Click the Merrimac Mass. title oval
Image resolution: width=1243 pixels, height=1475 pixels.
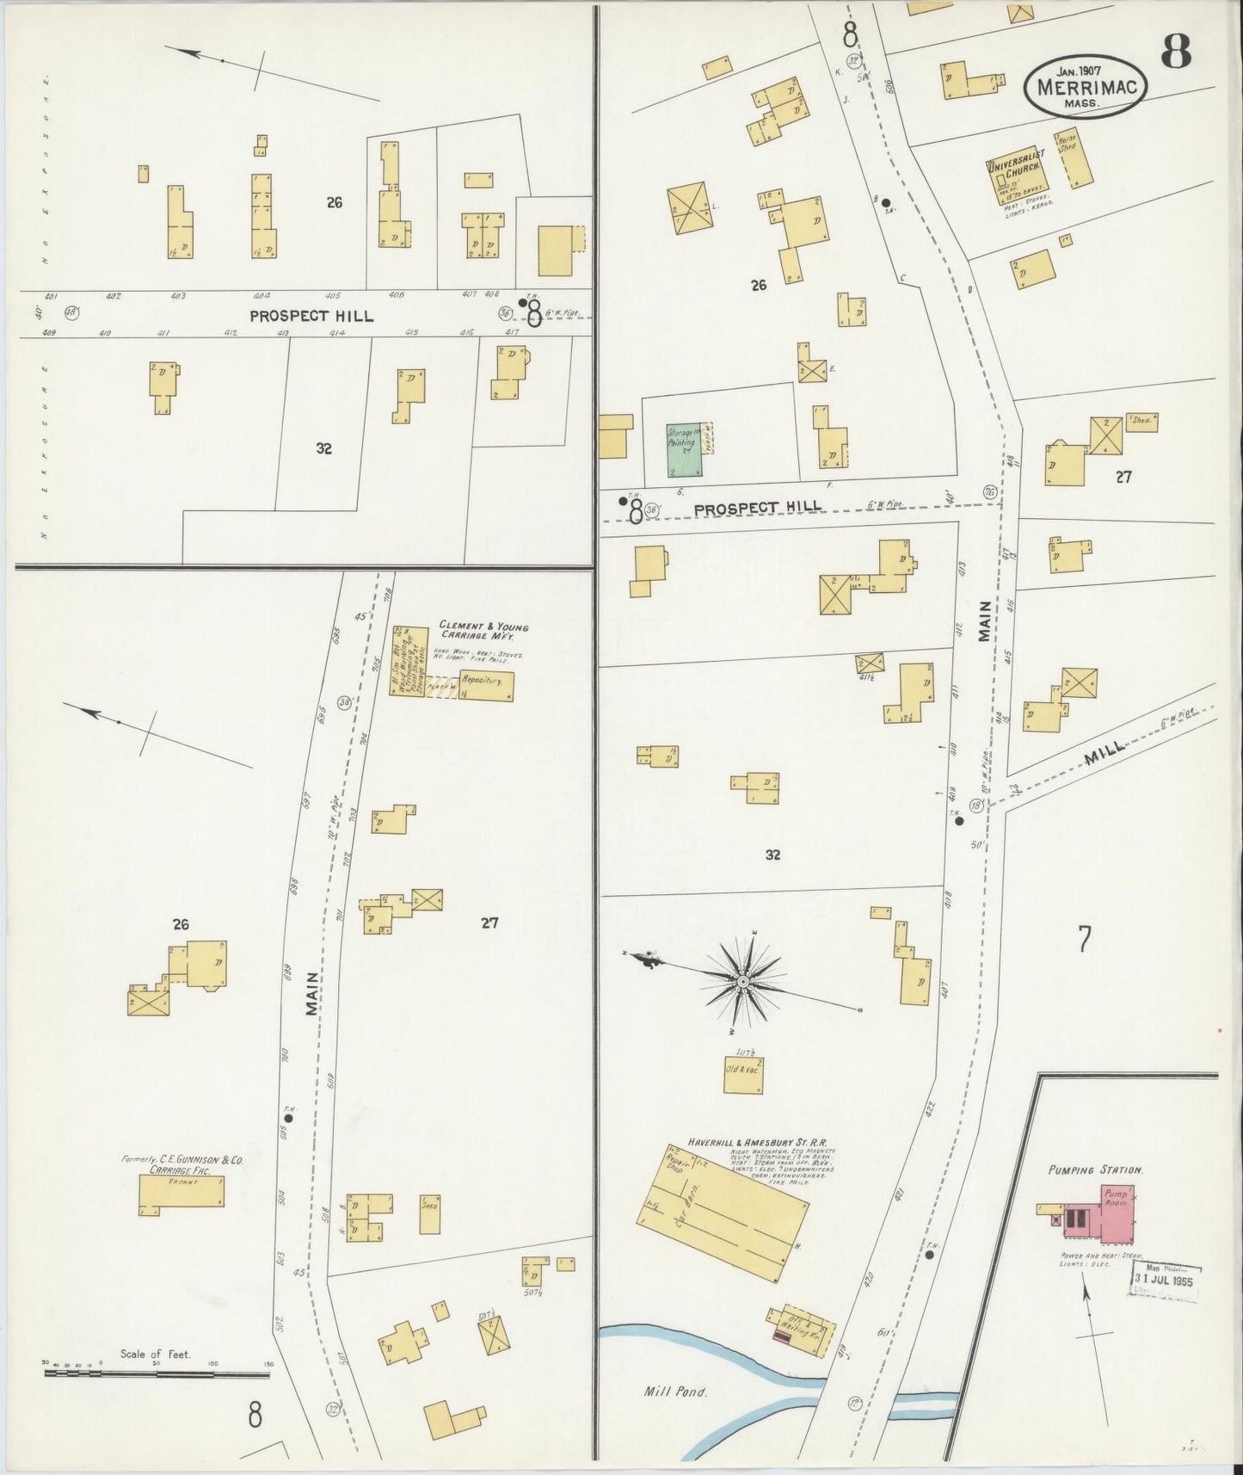coord(1085,87)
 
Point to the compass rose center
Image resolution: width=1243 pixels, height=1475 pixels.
coord(742,981)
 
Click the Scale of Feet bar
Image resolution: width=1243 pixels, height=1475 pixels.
coord(157,1373)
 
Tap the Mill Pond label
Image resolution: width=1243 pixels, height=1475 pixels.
coord(674,1391)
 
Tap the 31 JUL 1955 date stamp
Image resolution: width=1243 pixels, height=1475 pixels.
coord(1166,1278)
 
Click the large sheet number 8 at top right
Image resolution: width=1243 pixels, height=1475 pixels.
coord(1176,53)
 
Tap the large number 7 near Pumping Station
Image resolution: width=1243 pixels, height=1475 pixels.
coord(1084,939)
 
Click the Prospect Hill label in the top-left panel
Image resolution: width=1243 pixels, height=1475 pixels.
coord(311,316)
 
